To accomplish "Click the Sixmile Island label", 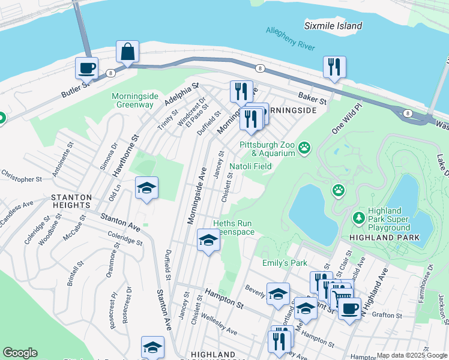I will [333, 26].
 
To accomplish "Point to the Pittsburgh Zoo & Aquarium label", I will [267, 149].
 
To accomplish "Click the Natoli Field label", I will [251, 166].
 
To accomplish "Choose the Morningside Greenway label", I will [133, 100].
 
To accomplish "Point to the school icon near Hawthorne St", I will [146, 188].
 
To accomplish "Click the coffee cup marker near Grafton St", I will [349, 308].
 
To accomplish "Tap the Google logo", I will [20, 353].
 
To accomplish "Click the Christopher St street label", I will [21, 179].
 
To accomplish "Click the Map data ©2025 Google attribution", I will [412, 355].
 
